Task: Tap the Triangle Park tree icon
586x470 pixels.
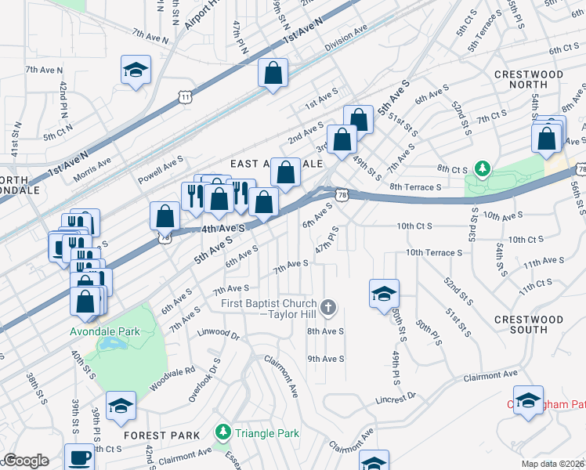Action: pos(223,432)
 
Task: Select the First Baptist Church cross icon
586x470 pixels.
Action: pos(329,309)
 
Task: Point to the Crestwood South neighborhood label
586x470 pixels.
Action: pos(529,324)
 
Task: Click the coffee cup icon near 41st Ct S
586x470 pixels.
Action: pos(79,457)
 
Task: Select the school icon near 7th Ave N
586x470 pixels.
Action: pos(136,70)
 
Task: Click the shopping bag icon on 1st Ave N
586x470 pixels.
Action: pos(273,74)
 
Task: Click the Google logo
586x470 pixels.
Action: pos(26,461)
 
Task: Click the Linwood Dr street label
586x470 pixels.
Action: pos(218,334)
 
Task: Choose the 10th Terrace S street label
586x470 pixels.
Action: pos(433,252)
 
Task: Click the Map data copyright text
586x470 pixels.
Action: pos(553,464)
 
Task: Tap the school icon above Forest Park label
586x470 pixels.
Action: pos(121,406)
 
